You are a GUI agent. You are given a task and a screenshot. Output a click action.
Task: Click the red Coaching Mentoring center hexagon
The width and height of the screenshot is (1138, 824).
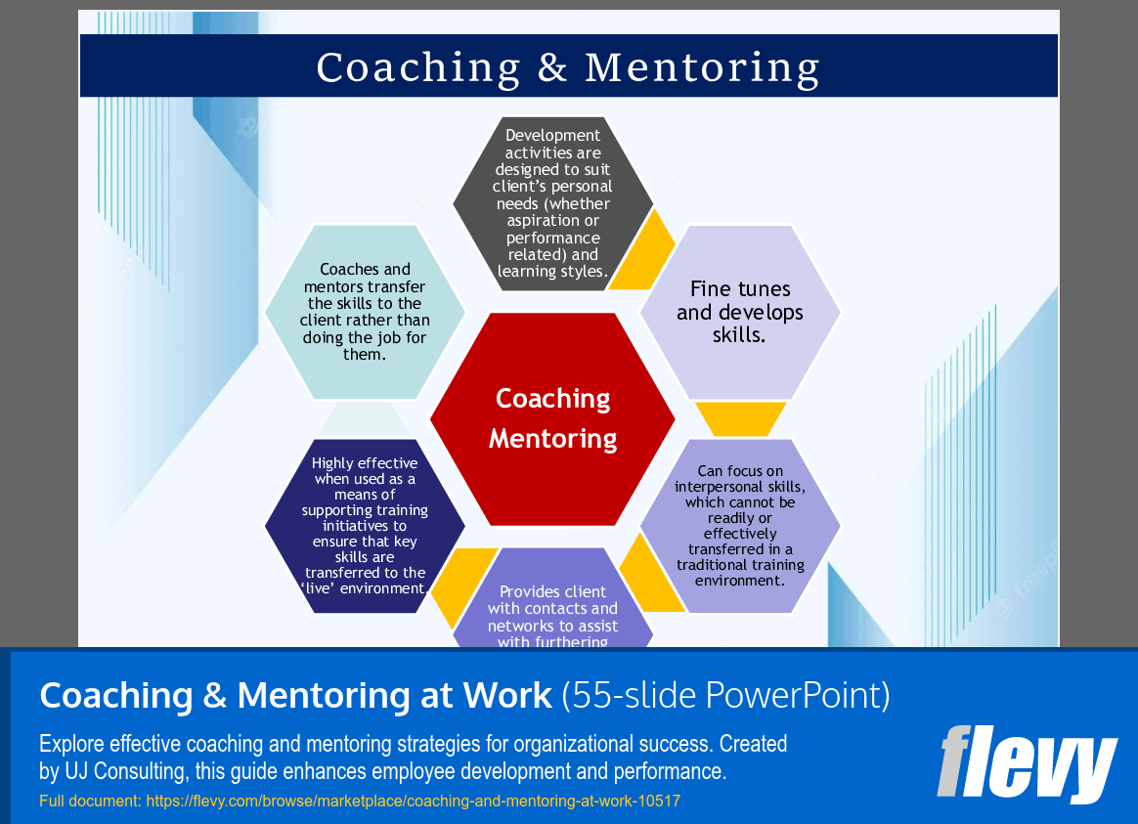(552, 418)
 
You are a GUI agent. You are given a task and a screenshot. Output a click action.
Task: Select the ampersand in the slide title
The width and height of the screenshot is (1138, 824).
(552, 67)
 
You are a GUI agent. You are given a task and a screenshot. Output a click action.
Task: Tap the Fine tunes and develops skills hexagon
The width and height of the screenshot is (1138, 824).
(740, 312)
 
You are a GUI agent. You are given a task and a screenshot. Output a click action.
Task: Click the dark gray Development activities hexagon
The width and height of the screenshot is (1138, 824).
(552, 203)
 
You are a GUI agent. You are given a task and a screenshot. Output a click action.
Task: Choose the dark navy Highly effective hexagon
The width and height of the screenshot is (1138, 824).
(365, 526)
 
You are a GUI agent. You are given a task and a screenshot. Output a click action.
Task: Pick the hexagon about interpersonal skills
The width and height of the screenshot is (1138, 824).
(740, 526)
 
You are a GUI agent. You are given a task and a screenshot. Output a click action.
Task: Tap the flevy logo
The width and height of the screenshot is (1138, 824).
(1027, 763)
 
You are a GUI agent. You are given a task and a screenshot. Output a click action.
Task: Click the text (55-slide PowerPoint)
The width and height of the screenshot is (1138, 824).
(725, 696)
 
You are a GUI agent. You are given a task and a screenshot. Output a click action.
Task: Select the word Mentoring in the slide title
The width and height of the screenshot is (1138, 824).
(702, 67)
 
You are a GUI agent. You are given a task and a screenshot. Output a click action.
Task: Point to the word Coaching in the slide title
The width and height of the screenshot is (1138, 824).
(418, 67)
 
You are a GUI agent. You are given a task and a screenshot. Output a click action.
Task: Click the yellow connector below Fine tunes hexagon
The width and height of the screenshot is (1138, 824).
(740, 418)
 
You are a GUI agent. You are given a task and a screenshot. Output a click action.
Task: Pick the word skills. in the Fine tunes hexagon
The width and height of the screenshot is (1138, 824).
(739, 335)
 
